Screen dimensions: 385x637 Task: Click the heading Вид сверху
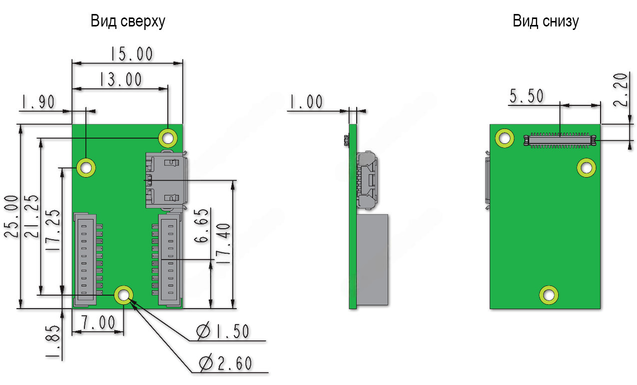tap(127, 21)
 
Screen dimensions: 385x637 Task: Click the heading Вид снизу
tap(546, 21)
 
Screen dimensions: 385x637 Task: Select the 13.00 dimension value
tap(120, 79)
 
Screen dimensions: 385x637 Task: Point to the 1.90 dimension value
tap(37, 102)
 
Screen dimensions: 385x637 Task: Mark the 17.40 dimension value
tap(223, 244)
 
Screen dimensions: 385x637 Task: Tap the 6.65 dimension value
tap(201, 233)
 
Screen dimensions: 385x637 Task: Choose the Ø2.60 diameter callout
tap(225, 363)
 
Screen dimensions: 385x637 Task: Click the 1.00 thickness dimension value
tap(306, 102)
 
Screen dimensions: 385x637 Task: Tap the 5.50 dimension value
tap(527, 96)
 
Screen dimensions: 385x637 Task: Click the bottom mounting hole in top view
tap(123, 295)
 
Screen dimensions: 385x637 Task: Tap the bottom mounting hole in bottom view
tap(549, 295)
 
